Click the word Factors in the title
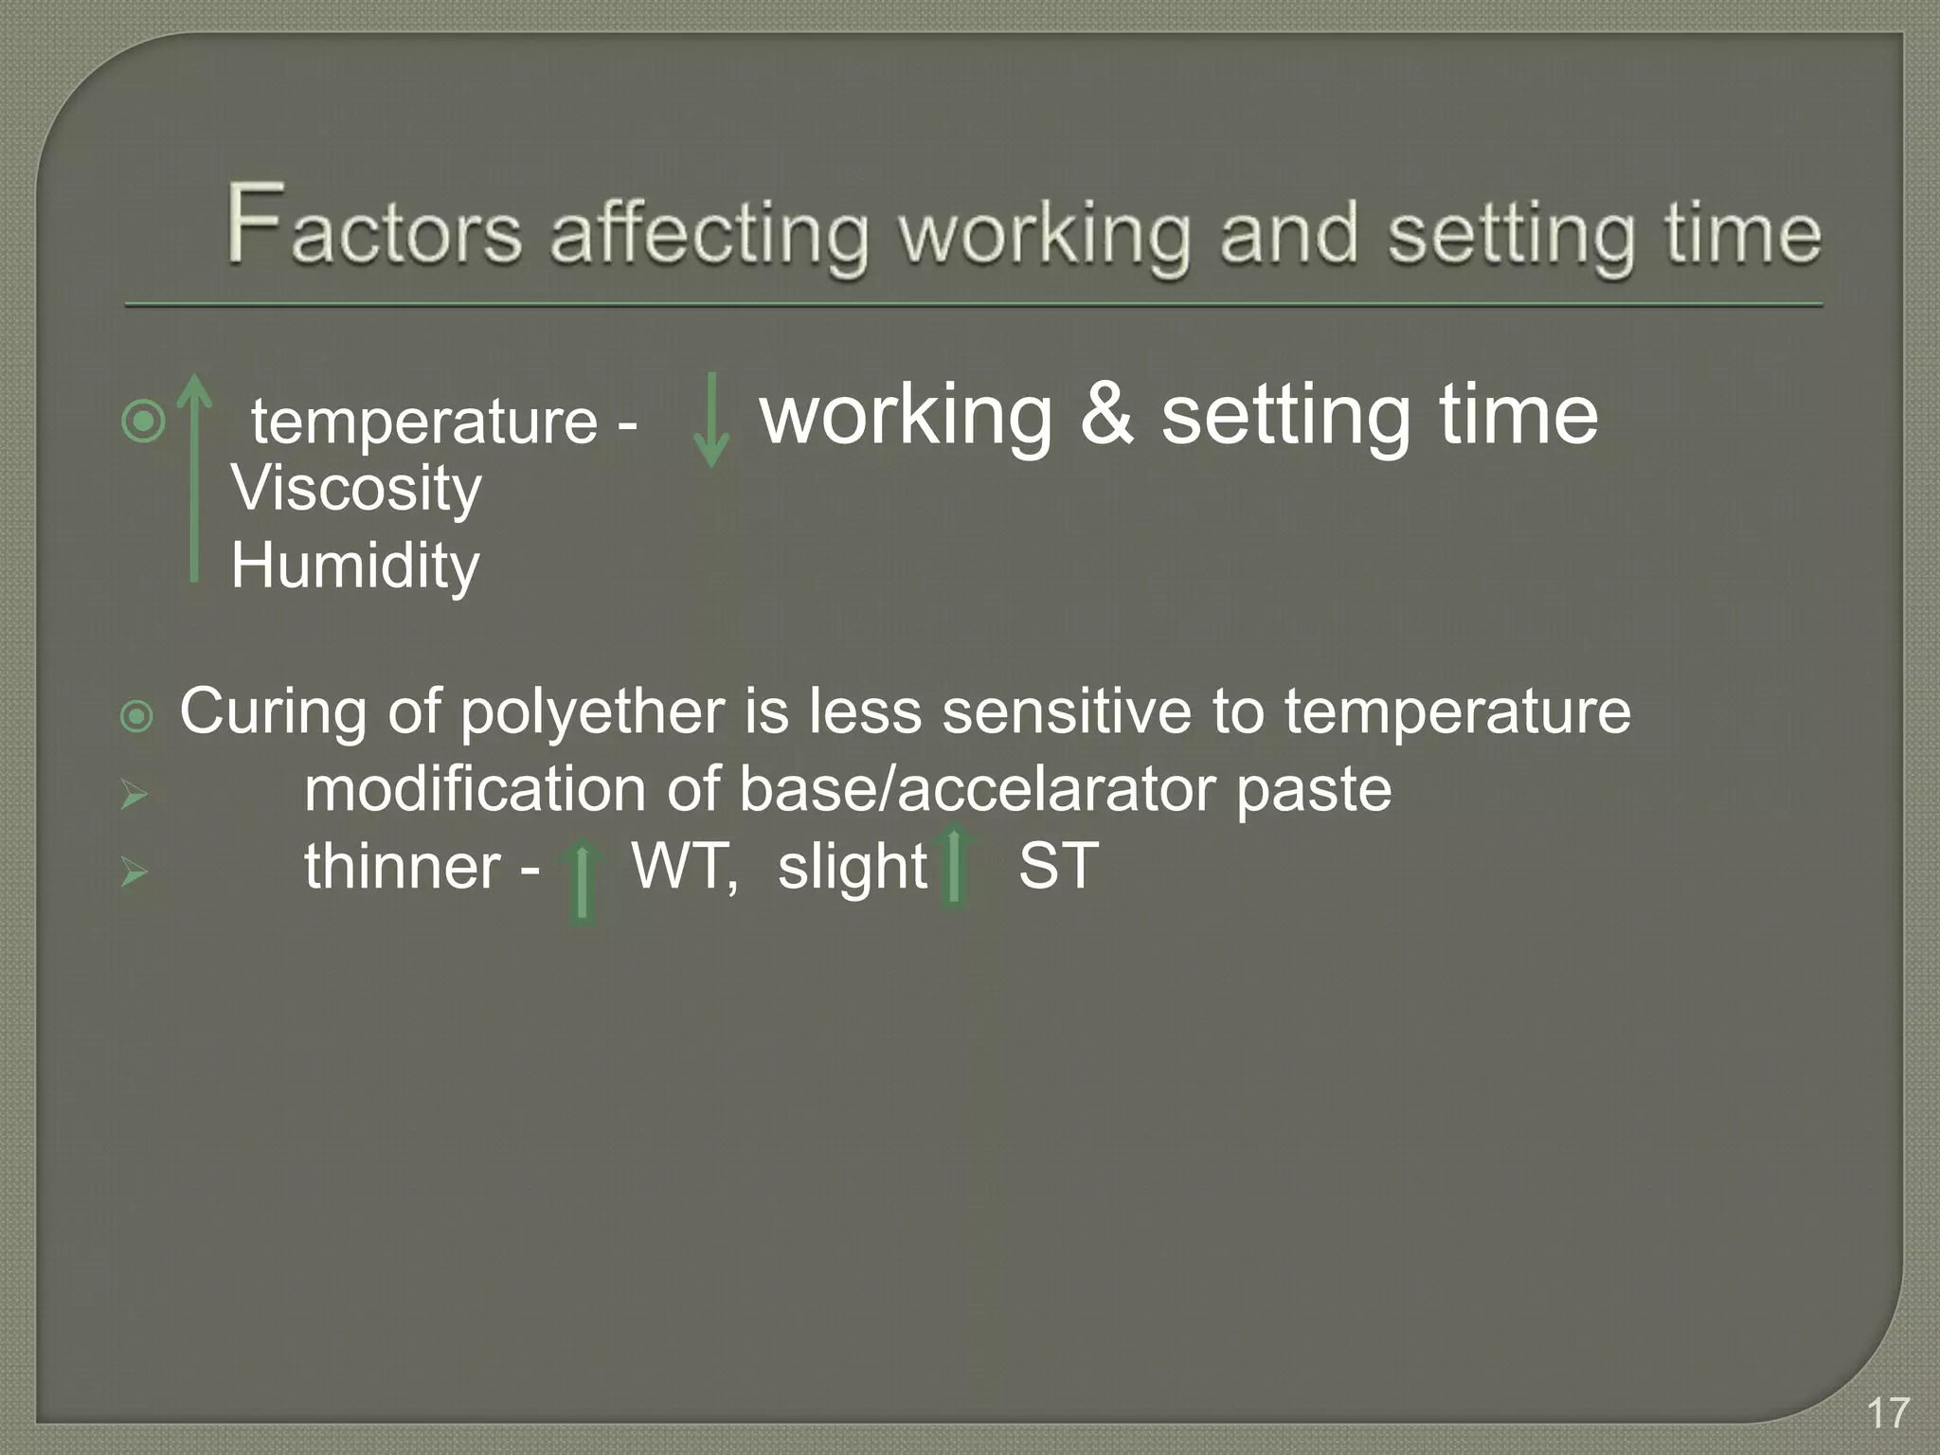point(373,227)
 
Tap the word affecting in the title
point(709,235)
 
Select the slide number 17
point(1888,1412)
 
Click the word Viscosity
point(356,491)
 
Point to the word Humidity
point(355,566)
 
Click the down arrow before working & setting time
point(710,420)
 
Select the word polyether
point(592,712)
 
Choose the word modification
point(475,789)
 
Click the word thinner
point(403,866)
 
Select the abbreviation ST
point(1058,866)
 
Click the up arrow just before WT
point(583,881)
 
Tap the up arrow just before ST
point(954,866)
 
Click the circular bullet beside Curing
point(137,716)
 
